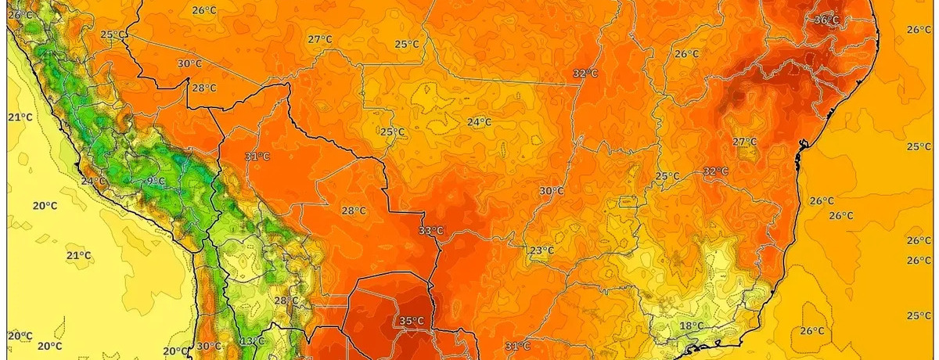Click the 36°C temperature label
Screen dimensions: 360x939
827,20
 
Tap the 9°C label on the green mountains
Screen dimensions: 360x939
156,182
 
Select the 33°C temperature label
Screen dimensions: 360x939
430,230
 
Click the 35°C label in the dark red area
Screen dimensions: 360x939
412,321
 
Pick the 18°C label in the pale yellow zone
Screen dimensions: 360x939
691,326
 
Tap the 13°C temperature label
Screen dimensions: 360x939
252,341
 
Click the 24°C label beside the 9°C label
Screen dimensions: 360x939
93,182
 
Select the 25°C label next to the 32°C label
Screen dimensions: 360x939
667,176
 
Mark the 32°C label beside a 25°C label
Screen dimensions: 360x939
715,171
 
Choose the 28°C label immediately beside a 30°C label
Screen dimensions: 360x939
204,88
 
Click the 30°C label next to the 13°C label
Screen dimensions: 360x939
209,346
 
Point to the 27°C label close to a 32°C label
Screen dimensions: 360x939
744,142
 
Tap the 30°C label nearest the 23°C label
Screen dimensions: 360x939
552,190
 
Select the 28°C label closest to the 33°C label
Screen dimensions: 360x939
354,211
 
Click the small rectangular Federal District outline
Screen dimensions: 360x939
625,201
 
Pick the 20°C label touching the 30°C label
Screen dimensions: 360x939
177,351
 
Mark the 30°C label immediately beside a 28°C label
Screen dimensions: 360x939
190,64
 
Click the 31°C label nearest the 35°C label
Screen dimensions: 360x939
517,345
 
